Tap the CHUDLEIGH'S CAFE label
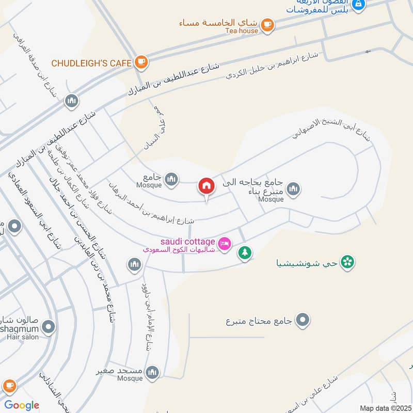coord(91,63)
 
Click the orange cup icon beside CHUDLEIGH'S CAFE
coord(141,62)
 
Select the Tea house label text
coord(241,31)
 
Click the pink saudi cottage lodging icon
coord(224,243)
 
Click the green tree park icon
coord(245,253)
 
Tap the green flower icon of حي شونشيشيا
coord(348,262)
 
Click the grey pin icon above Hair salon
coord(49,327)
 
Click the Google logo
coord(22,405)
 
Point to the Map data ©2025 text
coord(385,408)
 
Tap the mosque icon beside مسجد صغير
coord(152,372)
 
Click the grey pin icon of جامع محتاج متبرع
coord(303,321)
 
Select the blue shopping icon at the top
coord(360,5)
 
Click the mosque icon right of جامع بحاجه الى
coord(294,189)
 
